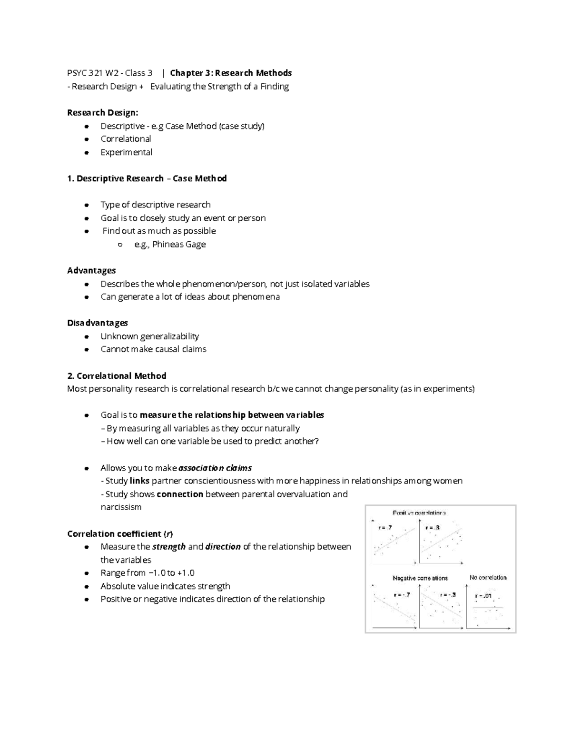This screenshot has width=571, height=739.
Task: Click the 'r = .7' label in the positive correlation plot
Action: [x=385, y=527]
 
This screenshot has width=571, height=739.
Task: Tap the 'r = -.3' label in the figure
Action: [x=448, y=594]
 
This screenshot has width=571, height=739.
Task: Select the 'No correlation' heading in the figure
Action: [x=488, y=578]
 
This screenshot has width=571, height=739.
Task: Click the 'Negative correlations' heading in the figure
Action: [x=420, y=578]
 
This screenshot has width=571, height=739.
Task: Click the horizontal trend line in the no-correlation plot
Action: [x=488, y=607]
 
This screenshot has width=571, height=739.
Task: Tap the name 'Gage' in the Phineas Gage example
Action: [x=195, y=244]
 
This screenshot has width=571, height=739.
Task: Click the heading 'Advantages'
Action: [x=91, y=270]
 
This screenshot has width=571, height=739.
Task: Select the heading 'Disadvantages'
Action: [x=98, y=323]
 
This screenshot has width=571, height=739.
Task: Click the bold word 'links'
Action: [x=139, y=481]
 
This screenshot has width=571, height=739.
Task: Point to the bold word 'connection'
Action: [x=180, y=494]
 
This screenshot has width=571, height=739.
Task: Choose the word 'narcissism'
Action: [x=121, y=507]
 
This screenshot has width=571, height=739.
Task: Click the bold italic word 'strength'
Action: [x=169, y=546]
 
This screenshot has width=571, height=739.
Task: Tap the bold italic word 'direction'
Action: [x=223, y=546]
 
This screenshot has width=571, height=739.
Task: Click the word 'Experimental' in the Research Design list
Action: [x=126, y=152]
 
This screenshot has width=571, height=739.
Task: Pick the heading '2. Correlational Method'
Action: [x=117, y=375]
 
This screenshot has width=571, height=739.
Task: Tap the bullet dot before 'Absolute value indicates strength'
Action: [x=86, y=586]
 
